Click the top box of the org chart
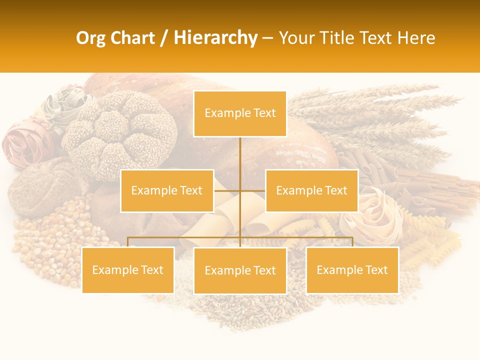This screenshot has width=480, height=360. click(x=240, y=113)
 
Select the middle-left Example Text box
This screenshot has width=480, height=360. click(x=166, y=190)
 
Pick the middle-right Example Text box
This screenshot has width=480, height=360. click(x=311, y=190)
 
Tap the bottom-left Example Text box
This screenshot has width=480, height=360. click(x=128, y=270)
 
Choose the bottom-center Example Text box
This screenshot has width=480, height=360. click(x=240, y=270)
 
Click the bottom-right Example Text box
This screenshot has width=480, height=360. click(x=352, y=270)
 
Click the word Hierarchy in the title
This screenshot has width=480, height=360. click(x=215, y=38)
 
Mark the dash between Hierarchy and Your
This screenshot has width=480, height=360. click(x=267, y=38)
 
